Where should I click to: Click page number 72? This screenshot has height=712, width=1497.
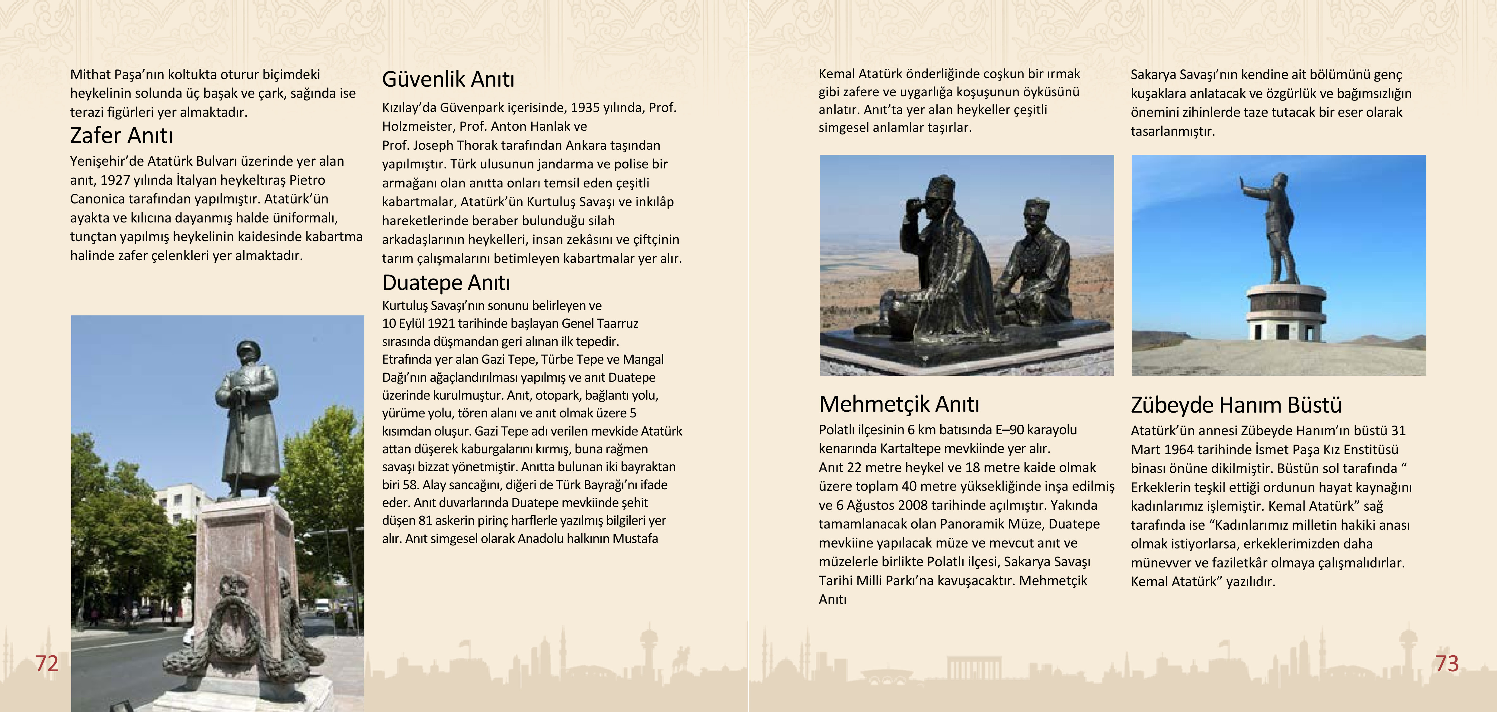(46, 663)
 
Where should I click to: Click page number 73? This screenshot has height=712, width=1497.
(1447, 663)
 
